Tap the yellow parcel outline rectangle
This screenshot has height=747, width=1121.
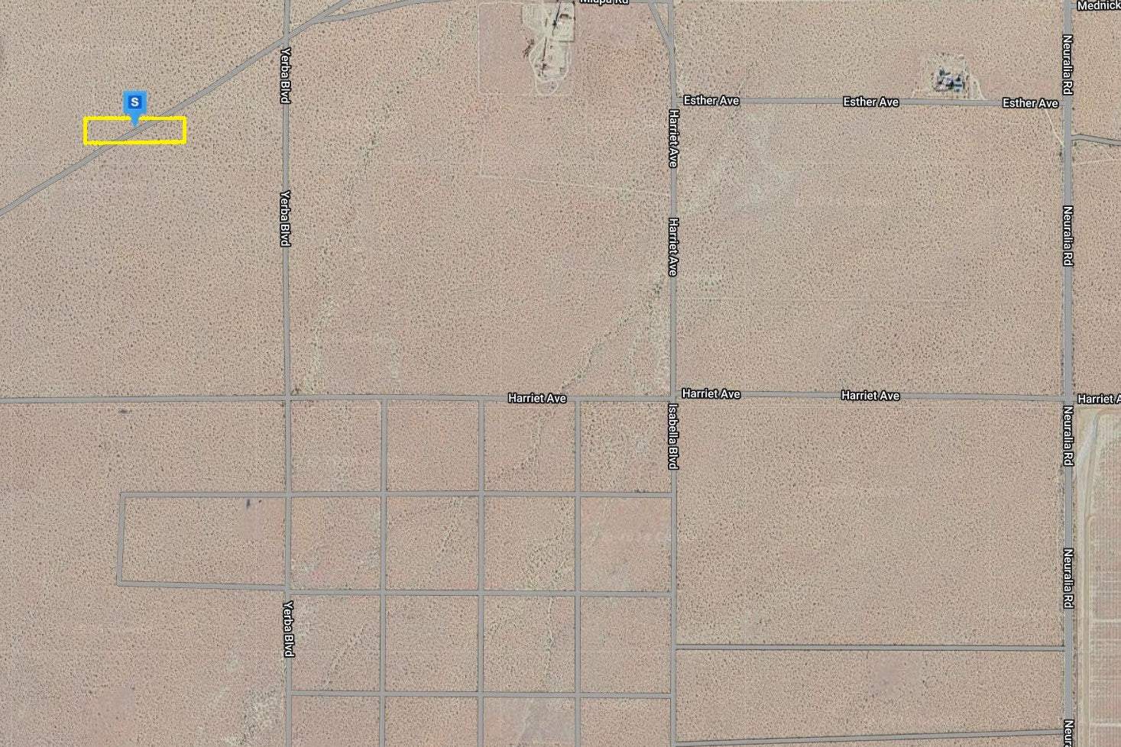[134, 131]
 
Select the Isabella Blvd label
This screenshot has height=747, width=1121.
[673, 436]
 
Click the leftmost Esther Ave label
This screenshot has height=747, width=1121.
[711, 100]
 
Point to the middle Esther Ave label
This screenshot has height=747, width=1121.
[870, 102]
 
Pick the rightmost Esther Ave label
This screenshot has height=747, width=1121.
[1030, 103]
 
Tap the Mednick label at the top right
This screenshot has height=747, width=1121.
[1098, 5]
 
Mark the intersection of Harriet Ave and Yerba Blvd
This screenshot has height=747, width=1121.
[287, 399]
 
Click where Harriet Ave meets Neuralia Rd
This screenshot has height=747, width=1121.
[1068, 398]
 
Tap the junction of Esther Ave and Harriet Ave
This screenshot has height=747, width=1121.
[673, 100]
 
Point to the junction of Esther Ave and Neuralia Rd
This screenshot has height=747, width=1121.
[1068, 103]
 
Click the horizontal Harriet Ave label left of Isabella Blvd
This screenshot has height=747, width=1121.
[537, 398]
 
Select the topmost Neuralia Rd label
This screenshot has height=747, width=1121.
[1068, 65]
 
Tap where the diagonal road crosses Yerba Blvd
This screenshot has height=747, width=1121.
[287, 37]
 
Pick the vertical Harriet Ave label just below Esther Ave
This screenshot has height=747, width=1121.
[673, 138]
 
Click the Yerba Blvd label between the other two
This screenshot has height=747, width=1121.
[286, 218]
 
